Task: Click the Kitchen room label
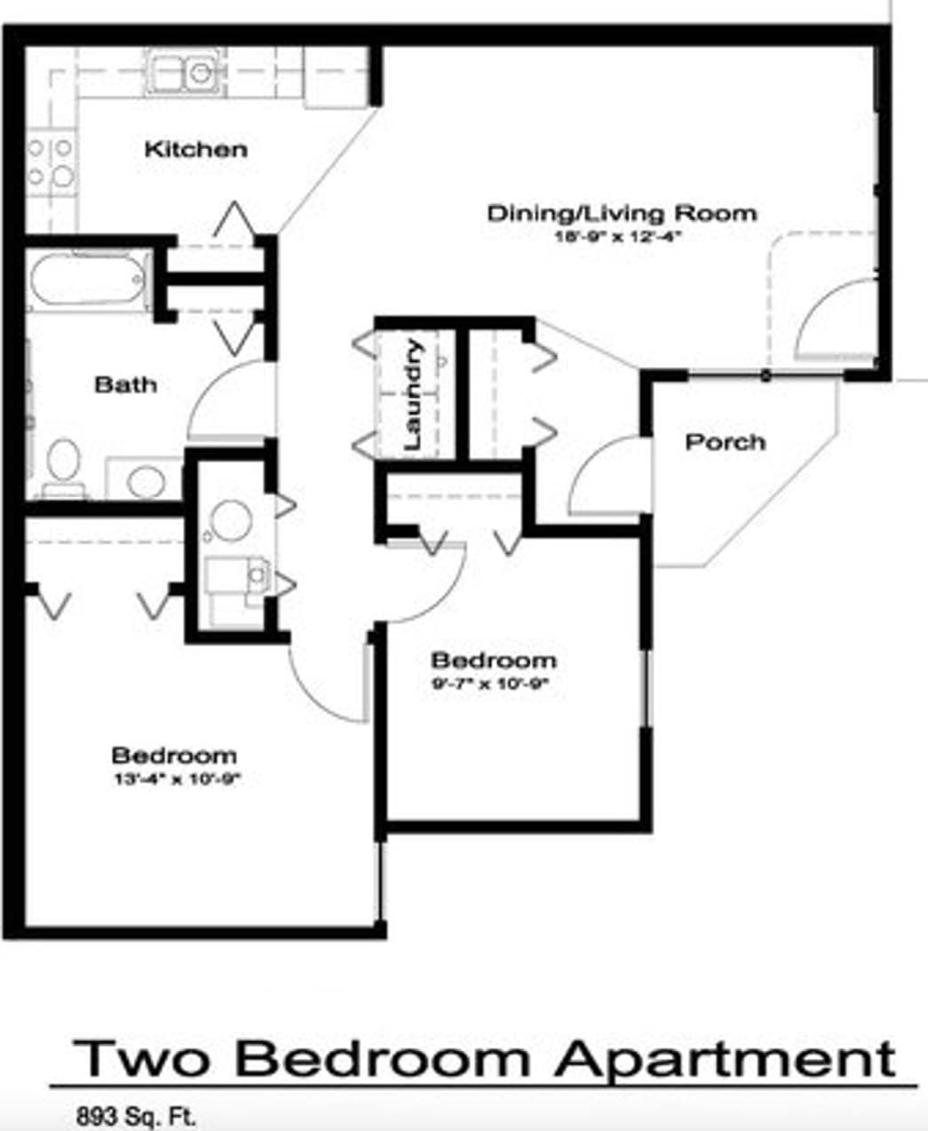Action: [195, 148]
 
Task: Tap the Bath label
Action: [125, 384]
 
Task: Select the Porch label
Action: [725, 441]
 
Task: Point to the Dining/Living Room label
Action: [622, 213]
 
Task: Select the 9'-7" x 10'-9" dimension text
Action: [491, 684]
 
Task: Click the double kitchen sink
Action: [186, 72]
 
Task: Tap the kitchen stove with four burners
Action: [50, 162]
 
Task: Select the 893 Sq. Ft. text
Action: [136, 1115]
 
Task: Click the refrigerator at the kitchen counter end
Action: [335, 78]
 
